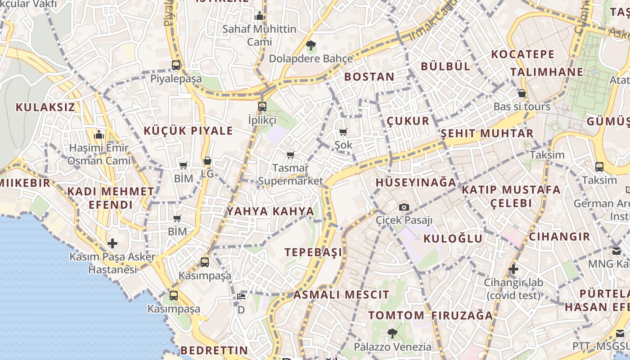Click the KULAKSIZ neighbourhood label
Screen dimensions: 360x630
[x=45, y=107]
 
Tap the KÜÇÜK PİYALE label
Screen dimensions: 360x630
[x=188, y=131]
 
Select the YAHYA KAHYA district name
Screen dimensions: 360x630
[x=270, y=211]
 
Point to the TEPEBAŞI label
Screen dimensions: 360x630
[x=313, y=252]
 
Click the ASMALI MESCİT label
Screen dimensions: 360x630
[x=341, y=295]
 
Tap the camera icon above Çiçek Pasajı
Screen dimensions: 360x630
[x=404, y=207]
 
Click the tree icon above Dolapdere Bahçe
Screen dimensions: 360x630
[x=310, y=45]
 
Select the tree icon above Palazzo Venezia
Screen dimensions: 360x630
[x=392, y=333]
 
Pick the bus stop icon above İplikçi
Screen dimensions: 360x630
[x=262, y=107]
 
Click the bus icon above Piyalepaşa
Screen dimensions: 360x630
[x=176, y=65]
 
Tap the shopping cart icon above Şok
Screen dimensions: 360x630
[x=343, y=132]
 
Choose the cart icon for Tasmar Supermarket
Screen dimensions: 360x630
[x=291, y=155]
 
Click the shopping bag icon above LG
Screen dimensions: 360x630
[x=207, y=161]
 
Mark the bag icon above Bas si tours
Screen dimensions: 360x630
[x=522, y=93]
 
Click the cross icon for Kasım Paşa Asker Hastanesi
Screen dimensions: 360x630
[x=112, y=243]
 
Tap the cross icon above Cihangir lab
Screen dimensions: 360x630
[x=513, y=270]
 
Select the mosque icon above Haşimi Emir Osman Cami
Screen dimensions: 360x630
[x=99, y=135]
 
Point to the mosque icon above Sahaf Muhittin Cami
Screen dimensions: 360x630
[x=259, y=16]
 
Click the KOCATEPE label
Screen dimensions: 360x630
[x=523, y=54]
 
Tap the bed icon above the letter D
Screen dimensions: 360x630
[x=241, y=297]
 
